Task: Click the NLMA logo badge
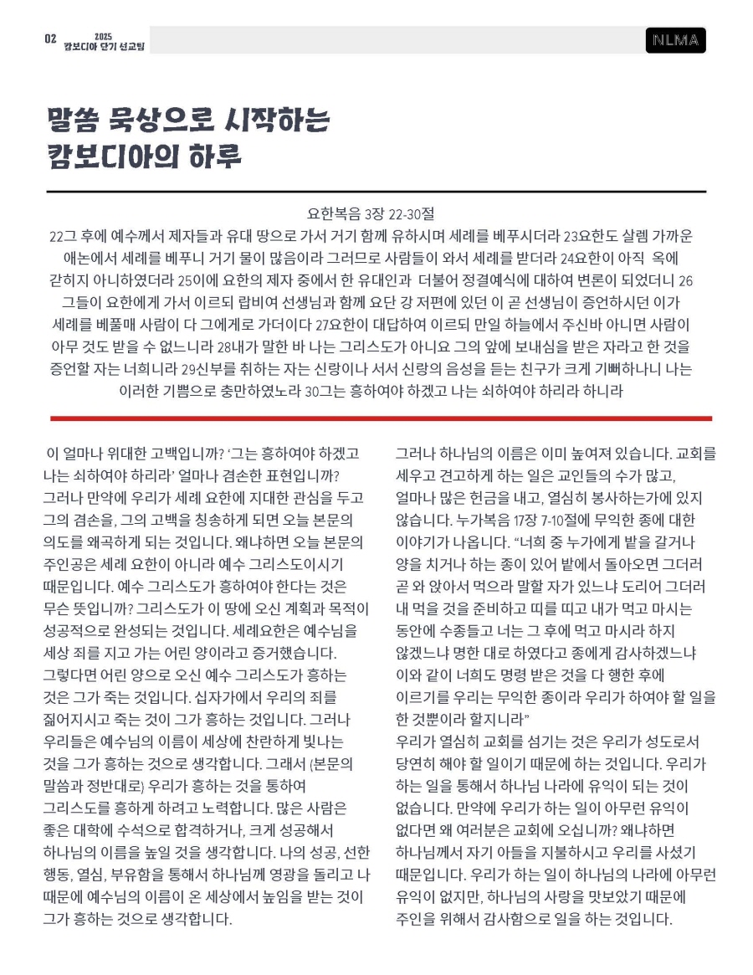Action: click(x=675, y=40)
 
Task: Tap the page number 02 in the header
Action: click(x=50, y=39)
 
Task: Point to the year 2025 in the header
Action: click(x=103, y=36)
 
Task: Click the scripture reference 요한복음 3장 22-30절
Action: click(x=376, y=214)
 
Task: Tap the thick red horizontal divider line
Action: click(x=381, y=418)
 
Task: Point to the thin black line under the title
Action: click(x=376, y=192)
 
